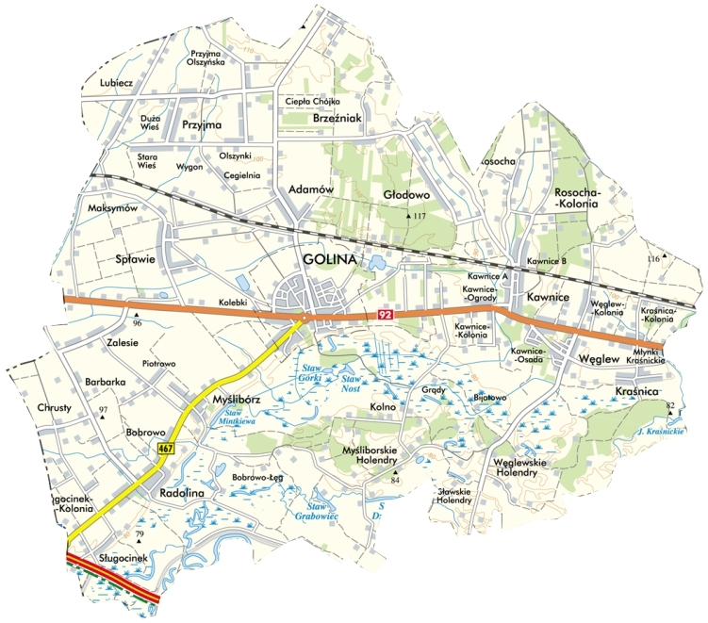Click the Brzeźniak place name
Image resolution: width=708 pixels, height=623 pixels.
[337, 120]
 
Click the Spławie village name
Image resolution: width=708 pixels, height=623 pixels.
[134, 258]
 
